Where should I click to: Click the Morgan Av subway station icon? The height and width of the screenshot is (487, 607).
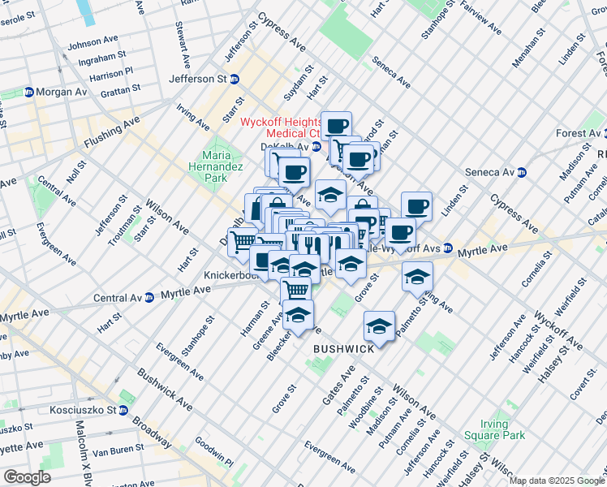[x=28, y=93]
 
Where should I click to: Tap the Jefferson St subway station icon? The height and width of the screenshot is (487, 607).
[x=235, y=79]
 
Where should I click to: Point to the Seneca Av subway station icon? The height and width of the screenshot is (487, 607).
[x=522, y=172]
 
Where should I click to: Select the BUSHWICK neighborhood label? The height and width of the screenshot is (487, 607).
[x=344, y=348]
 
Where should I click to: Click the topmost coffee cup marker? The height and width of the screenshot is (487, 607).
[x=336, y=125]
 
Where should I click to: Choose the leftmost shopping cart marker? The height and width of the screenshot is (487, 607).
[x=242, y=241]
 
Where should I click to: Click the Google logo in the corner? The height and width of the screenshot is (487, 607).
[x=27, y=477]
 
